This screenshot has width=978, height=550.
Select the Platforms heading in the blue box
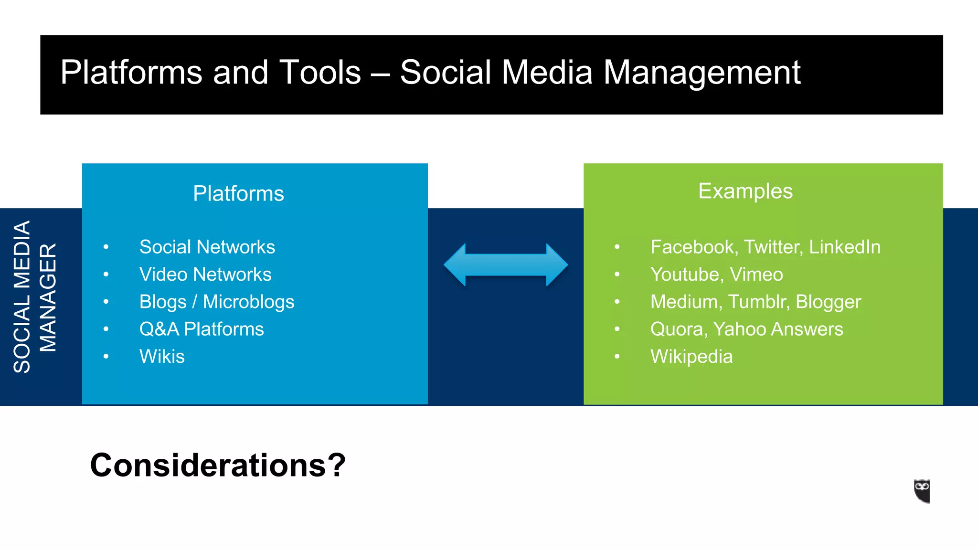(x=238, y=194)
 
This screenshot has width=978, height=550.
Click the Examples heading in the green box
(x=745, y=191)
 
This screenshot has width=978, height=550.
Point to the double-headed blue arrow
(x=506, y=265)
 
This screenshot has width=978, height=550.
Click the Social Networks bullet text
(x=207, y=247)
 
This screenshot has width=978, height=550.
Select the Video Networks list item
(x=205, y=275)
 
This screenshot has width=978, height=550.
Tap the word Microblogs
(x=248, y=302)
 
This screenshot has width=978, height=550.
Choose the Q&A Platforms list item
(x=201, y=329)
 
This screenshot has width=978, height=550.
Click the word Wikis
(x=162, y=357)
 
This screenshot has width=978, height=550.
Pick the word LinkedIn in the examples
(x=844, y=247)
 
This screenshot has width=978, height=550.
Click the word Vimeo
(x=756, y=275)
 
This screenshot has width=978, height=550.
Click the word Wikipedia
(x=691, y=357)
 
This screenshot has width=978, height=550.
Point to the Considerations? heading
(x=217, y=465)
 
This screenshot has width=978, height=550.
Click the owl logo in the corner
(x=922, y=491)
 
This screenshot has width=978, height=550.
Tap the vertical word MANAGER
(x=48, y=297)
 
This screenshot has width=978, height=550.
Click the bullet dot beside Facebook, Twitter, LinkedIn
(x=617, y=247)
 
